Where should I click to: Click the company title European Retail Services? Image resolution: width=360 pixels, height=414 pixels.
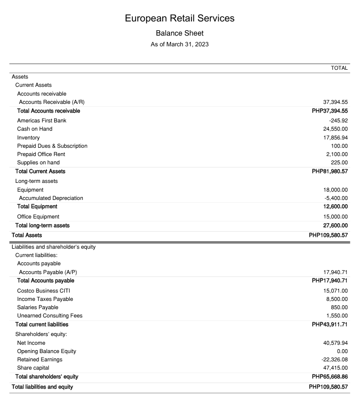point(180,18)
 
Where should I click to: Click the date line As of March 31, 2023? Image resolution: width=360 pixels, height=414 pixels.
point(180,44)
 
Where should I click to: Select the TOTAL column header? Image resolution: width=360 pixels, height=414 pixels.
point(339,68)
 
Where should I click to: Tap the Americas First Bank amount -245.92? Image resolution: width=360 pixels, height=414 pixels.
point(336,120)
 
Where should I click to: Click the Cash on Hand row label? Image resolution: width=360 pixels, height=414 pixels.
point(35,129)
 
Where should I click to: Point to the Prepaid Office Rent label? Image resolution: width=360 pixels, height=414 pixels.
point(41,154)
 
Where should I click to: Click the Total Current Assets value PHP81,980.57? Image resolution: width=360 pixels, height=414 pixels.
point(330,172)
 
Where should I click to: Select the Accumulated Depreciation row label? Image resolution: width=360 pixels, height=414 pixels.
point(51,198)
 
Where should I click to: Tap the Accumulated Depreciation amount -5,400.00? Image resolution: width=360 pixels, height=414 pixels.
point(336,198)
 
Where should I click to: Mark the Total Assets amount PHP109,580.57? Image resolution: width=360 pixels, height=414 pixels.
point(328,235)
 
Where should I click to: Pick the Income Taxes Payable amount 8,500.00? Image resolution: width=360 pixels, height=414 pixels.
point(337,299)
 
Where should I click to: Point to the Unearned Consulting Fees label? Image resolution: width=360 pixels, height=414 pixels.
point(50,315)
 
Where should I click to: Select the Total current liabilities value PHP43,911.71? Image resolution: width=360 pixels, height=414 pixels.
point(330,325)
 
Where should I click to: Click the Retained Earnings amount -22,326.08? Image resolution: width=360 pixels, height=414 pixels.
point(334,359)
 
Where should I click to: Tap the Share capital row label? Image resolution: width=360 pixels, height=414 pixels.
point(33,368)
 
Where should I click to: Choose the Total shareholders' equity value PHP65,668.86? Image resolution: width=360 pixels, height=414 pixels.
point(330,377)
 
